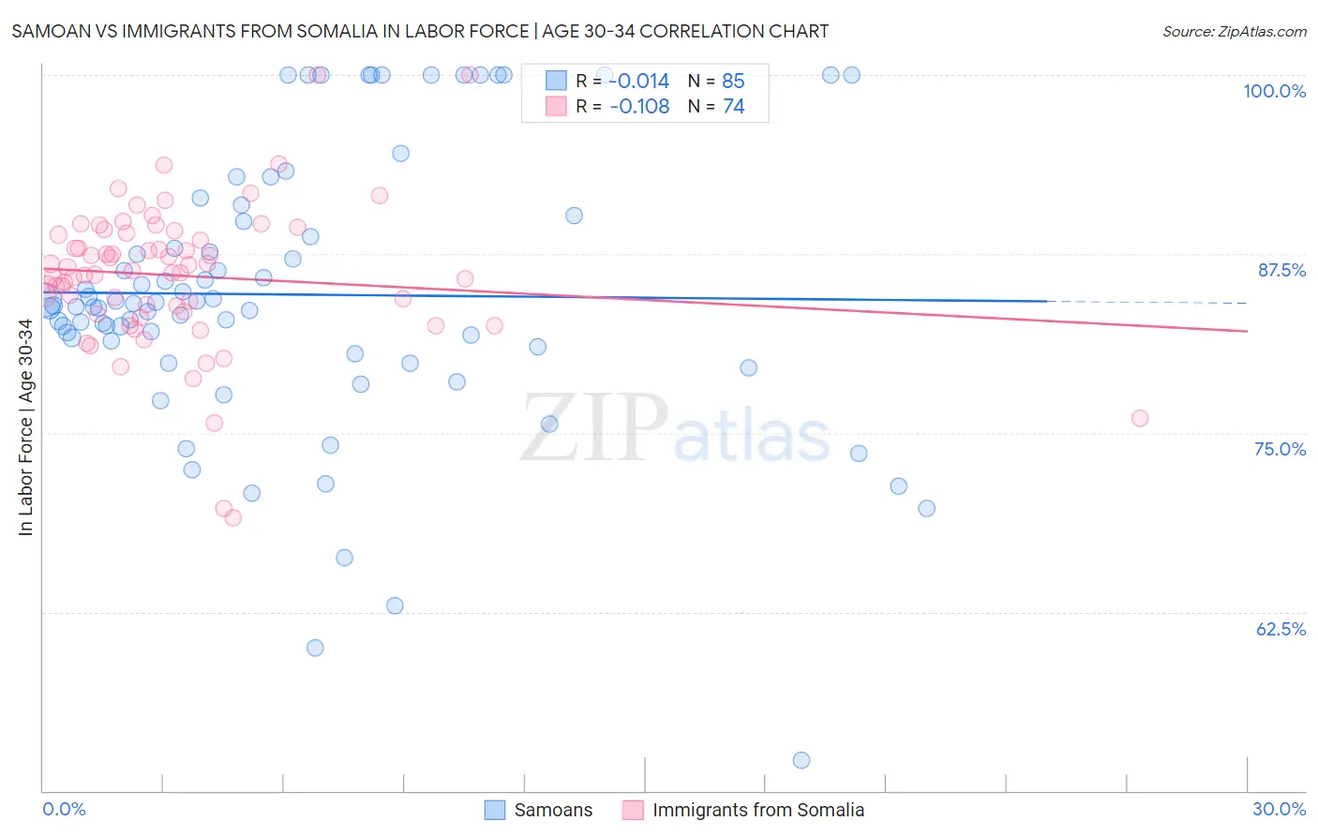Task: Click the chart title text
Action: point(420,31)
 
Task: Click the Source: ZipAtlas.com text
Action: point(1234,31)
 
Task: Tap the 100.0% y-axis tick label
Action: point(1274,91)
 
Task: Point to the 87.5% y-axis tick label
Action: point(1281,270)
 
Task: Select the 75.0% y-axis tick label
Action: point(1280,449)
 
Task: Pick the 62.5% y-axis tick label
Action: point(1281,629)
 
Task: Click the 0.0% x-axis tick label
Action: point(64,809)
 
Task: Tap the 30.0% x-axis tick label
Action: point(1279,809)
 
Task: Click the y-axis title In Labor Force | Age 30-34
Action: point(25,427)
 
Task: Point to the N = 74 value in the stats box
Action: point(716,107)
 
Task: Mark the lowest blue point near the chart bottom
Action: point(801,760)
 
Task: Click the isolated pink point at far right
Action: point(1140,418)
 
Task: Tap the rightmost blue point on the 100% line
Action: point(852,75)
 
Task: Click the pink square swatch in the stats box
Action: point(556,107)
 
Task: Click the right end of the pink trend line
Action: point(1247,331)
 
